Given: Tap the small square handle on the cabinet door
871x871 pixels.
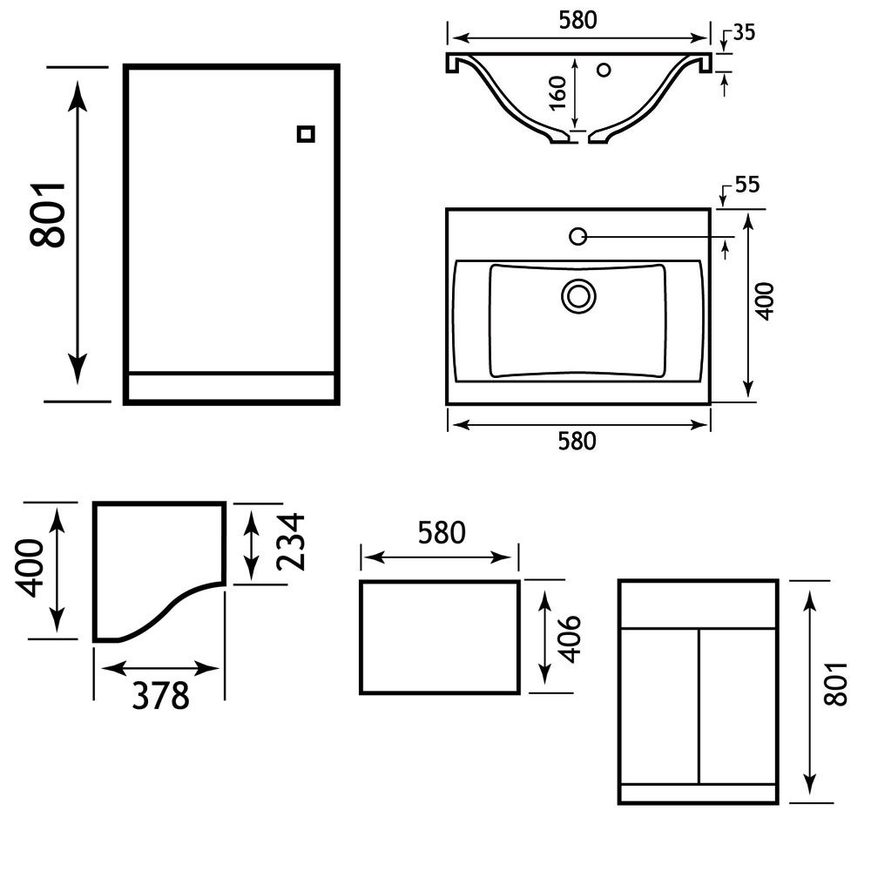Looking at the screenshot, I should tap(305, 134).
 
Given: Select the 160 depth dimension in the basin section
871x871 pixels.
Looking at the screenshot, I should tap(558, 91).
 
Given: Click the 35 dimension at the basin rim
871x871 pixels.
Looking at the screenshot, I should tap(744, 33).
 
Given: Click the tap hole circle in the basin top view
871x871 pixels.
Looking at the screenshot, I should tap(577, 235).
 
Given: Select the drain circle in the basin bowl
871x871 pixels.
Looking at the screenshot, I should tap(577, 296).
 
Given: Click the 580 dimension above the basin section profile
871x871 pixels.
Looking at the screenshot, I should tap(577, 21).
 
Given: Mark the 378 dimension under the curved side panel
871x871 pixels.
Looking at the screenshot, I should tap(160, 695).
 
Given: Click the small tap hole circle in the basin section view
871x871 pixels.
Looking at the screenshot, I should tap(603, 69).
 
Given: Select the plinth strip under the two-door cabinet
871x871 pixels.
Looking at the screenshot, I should tap(698, 793).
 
